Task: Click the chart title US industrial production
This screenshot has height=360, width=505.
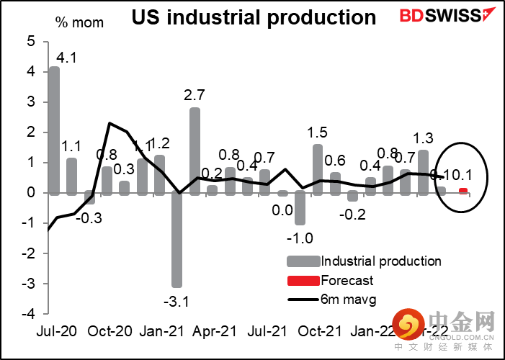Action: tap(254, 18)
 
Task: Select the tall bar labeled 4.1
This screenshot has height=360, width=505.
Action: tap(54, 130)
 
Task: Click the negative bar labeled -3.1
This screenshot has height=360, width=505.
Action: tap(176, 240)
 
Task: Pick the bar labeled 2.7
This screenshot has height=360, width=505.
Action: tap(195, 150)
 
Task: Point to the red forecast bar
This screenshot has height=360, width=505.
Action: tap(463, 191)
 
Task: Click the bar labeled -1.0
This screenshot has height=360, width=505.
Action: tap(300, 208)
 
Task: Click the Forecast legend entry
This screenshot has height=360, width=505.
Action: tap(347, 280)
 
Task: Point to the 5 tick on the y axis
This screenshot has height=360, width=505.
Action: tap(30, 41)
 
